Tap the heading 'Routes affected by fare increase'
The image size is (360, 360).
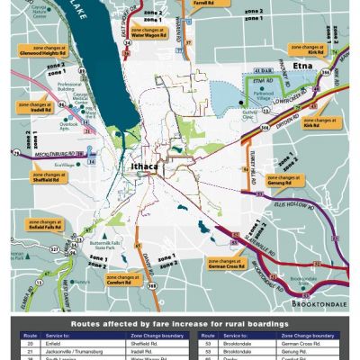[180, 320]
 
